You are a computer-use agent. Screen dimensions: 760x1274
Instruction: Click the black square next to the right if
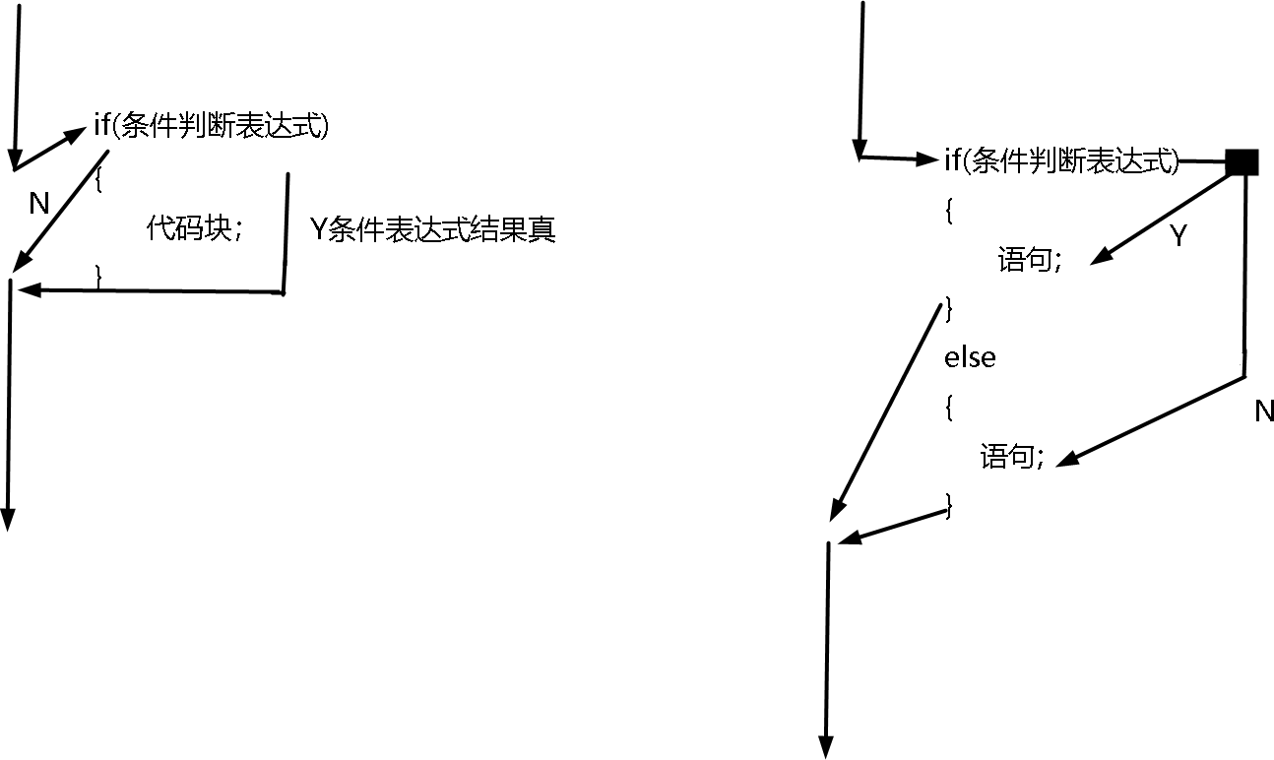point(1242,161)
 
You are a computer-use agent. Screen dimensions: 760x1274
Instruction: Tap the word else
point(970,357)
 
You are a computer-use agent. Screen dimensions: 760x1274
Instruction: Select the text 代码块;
point(194,229)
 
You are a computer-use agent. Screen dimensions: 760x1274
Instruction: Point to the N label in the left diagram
point(38,204)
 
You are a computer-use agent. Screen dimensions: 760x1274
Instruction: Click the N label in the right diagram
point(1264,412)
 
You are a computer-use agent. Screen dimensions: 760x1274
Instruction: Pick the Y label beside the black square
point(1178,236)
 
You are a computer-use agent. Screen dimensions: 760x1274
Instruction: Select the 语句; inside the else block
point(1011,457)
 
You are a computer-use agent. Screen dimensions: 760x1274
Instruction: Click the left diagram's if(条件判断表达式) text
point(219,127)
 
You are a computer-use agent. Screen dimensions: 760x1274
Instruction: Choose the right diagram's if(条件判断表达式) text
point(1061,159)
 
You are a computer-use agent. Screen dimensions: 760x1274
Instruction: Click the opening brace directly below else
point(948,408)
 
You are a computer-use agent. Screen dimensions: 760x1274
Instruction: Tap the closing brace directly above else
point(948,307)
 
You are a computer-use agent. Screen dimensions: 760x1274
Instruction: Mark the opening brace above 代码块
point(99,180)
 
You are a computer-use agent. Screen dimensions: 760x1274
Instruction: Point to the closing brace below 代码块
point(99,278)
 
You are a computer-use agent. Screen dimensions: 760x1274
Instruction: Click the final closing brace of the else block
point(948,505)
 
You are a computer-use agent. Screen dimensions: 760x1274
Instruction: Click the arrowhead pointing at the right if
point(930,158)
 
